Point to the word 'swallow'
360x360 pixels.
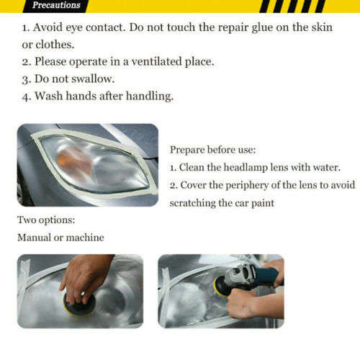(x=94, y=79)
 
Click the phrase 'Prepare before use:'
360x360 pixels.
(x=212, y=150)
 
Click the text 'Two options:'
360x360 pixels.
(x=46, y=220)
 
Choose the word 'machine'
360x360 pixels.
(x=85, y=237)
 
